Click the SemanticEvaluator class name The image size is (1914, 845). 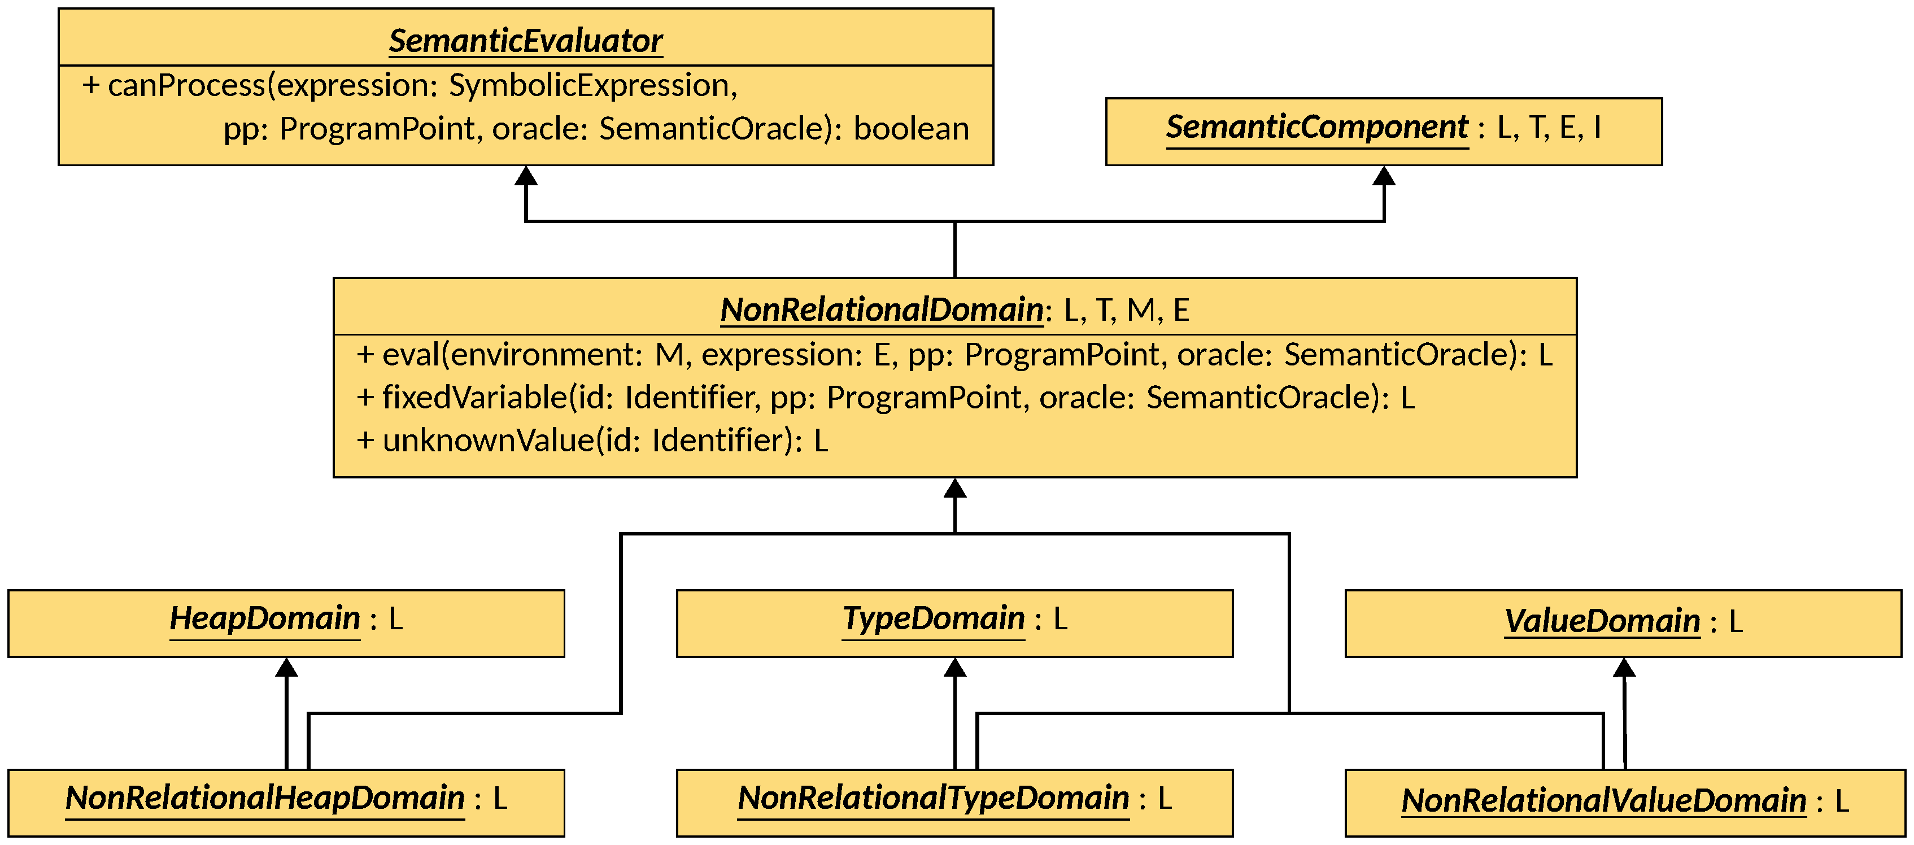(525, 41)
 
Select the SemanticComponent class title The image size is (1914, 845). (1316, 127)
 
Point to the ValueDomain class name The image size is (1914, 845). (1602, 621)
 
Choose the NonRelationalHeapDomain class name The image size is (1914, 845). (264, 798)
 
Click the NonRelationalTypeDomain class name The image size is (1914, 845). (933, 798)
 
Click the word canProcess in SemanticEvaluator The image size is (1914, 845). (186, 85)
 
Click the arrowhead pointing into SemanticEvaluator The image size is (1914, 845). (526, 176)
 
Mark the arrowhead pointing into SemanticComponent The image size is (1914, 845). (1384, 176)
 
